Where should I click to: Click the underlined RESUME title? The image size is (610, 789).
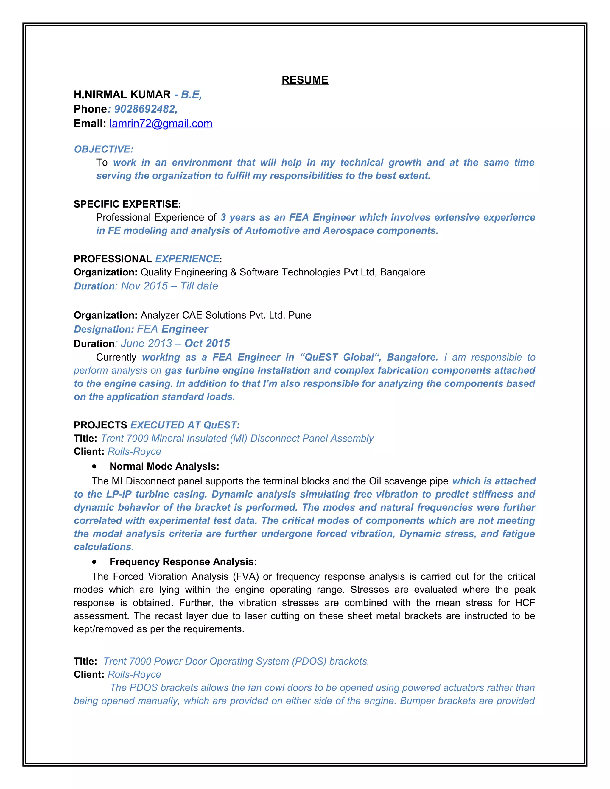pos(305,80)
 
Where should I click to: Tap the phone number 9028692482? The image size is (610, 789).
pos(145,109)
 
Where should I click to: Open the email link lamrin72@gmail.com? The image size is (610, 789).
pos(161,124)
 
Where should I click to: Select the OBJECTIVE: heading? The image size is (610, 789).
pos(104,149)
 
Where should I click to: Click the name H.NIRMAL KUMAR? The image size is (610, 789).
pos(122,94)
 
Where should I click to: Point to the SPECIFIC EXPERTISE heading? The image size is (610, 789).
pos(127,204)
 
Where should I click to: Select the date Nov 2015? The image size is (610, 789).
pos(144,286)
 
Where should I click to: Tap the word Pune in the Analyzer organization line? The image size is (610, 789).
pos(300,315)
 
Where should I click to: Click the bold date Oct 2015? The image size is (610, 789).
pos(207,343)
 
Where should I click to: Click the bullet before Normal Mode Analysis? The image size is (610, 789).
pos(94,466)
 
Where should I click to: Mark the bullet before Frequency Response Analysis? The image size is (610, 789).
pos(94,562)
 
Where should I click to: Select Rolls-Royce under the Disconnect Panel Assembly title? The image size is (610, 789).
pos(134,452)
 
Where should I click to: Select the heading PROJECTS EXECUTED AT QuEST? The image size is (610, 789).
pos(156,425)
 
